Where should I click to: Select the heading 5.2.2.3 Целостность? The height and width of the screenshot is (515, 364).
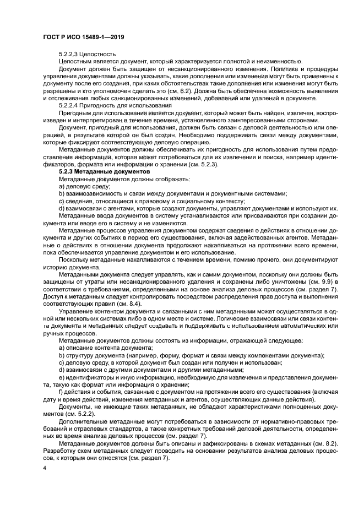[x=87, y=54]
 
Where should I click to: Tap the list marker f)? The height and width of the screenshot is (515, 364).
[x=61, y=391]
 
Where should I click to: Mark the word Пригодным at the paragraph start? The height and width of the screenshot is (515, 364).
[x=75, y=112]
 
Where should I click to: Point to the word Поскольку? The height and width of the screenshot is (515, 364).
[x=75, y=258]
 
